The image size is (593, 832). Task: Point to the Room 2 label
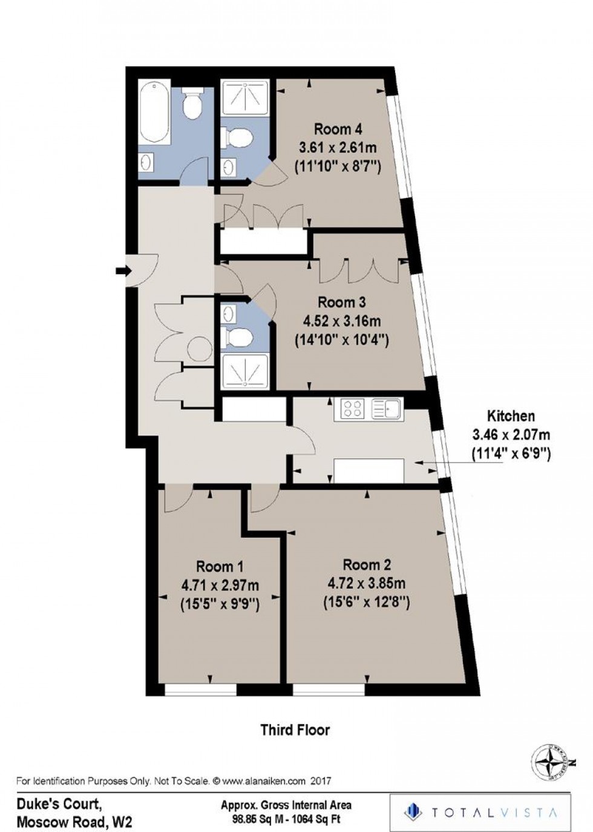367,565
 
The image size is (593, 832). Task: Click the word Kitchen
511,416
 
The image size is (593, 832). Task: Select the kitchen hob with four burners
352,409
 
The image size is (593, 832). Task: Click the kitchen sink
385,409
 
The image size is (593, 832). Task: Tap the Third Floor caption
295,730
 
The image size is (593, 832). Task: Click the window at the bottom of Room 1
200,689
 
